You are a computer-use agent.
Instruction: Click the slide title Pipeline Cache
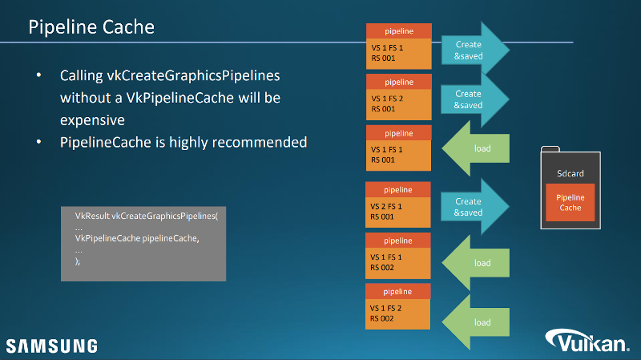pos(91,27)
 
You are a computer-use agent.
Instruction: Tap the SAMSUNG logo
pos(52,346)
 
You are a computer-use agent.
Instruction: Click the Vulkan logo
pos(588,342)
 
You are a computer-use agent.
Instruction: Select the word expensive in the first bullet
pos(92,119)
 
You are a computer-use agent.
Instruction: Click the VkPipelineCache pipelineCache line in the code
pos(136,239)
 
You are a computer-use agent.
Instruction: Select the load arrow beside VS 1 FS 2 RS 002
pos(477,322)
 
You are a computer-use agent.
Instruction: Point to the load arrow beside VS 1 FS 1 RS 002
pos(477,263)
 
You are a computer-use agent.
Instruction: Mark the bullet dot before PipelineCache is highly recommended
pos(38,142)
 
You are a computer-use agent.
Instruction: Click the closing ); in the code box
pos(78,261)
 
